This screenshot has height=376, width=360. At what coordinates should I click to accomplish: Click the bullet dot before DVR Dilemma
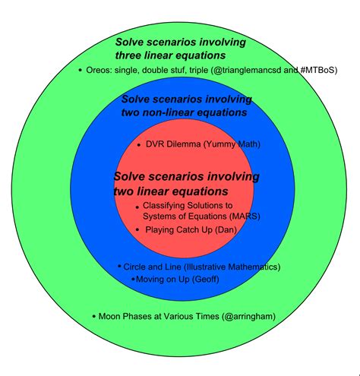click(x=138, y=144)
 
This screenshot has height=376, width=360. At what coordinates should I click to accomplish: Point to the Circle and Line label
click(x=154, y=267)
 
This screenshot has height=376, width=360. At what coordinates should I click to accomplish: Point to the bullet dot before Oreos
click(x=80, y=70)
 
